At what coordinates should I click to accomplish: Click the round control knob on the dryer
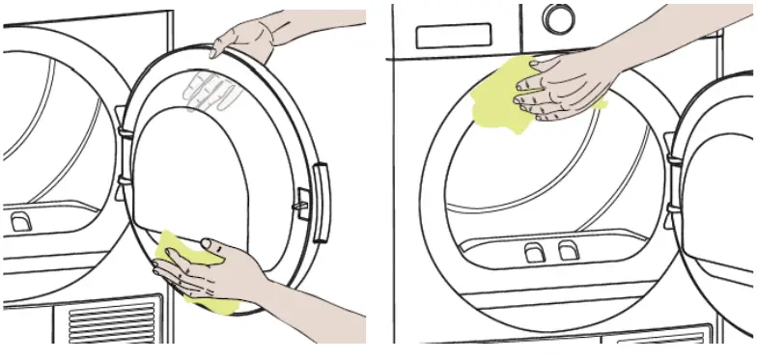(558, 18)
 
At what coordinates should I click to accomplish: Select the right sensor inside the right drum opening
(567, 252)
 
